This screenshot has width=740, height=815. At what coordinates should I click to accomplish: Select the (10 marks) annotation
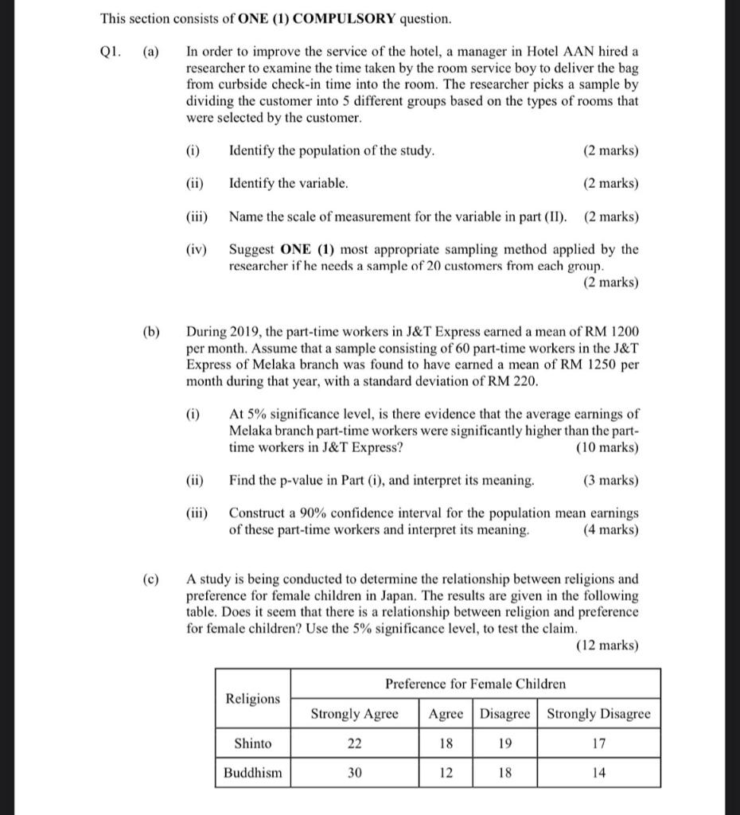[606, 447]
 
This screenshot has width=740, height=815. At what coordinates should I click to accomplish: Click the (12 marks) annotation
[606, 645]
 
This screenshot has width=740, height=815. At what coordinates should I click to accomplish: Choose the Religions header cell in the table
[253, 699]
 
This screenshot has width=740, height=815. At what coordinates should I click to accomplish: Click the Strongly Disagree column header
[598, 714]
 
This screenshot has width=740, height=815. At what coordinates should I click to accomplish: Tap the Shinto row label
[253, 743]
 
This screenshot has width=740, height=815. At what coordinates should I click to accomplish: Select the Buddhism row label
[253, 773]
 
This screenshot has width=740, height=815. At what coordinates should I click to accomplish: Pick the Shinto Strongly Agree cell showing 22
[354, 743]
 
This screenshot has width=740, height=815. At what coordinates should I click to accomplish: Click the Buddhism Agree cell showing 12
[446, 773]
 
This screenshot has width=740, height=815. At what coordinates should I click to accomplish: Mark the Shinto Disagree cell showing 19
[504, 743]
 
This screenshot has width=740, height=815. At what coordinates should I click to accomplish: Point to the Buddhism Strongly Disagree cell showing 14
[598, 773]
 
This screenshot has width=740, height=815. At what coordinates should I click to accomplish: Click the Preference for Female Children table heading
[475, 684]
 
